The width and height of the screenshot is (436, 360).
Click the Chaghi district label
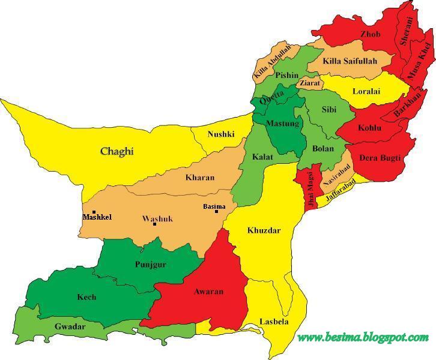click(117, 151)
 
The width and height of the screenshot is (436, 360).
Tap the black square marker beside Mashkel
click(94, 212)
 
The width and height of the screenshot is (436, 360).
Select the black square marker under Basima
click(216, 212)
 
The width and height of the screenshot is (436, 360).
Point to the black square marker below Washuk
click(155, 224)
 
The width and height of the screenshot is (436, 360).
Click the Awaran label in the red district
click(209, 292)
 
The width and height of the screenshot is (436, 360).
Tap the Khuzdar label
click(264, 230)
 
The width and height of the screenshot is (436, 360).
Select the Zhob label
click(370, 34)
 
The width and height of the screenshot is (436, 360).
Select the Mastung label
click(282, 124)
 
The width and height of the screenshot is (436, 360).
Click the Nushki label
click(220, 134)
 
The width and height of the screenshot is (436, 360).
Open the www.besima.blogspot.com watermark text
click(363, 337)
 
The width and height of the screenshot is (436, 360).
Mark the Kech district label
click(86, 297)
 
